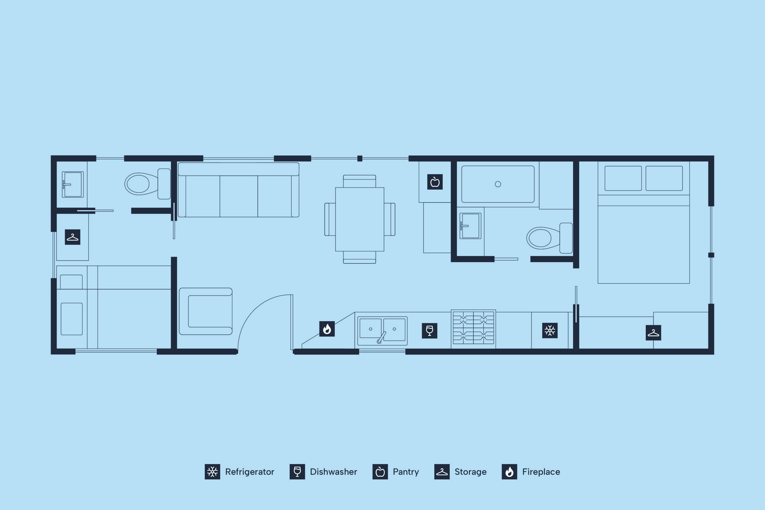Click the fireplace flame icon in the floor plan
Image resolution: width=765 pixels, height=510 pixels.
pos(327,329)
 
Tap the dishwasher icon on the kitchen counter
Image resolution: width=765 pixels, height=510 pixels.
pos(430,331)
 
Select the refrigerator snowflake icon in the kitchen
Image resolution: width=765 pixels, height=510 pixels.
pos(550,331)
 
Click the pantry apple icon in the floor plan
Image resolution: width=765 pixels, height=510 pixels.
pos(435,182)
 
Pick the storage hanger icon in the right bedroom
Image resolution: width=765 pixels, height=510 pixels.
pos(653,333)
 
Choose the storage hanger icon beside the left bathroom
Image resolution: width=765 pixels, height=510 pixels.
pos(73,237)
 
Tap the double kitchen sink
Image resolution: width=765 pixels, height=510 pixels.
pos(382,331)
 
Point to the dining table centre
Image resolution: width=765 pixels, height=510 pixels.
pos(360,219)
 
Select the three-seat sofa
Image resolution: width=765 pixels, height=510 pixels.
pos(238,190)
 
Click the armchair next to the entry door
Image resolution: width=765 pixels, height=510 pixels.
pos(206,311)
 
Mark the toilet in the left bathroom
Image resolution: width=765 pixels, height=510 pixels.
pos(148,184)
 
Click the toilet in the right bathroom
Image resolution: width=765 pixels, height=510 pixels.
pos(550,238)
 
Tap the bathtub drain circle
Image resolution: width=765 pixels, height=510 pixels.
pos(498,184)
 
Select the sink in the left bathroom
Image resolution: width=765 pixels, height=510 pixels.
pos(73,184)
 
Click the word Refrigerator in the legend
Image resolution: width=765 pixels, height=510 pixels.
pos(250,472)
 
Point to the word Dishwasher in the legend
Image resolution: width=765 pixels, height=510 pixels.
pos(333,472)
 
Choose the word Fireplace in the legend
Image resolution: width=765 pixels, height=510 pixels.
pos(541,472)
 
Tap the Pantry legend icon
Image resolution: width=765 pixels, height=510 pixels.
pos(380,472)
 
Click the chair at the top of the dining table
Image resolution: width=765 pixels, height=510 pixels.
pos(359,181)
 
